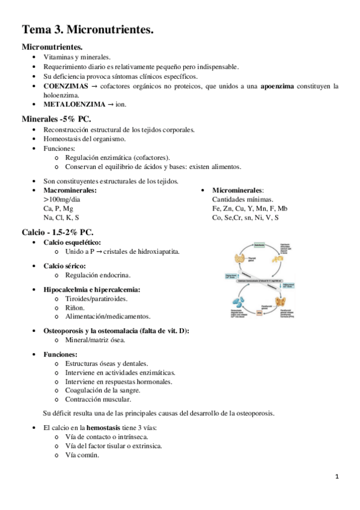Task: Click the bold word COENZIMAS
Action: [x=63, y=86]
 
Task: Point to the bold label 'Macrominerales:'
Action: [x=70, y=191]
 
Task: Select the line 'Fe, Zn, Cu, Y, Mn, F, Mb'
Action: [x=249, y=208]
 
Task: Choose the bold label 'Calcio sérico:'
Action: [x=64, y=265]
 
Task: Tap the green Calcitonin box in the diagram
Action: [x=260, y=245]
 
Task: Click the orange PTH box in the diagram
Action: [x=260, y=313]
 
